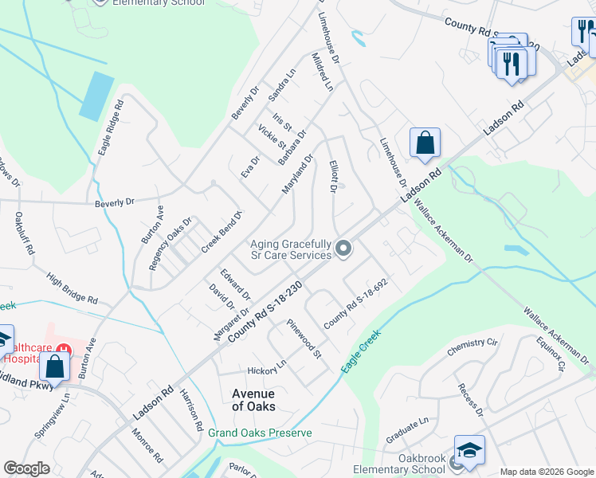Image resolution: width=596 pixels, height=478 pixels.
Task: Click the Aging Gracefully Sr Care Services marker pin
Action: click(x=343, y=249)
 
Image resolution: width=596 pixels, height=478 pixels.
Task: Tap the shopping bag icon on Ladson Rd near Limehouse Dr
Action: click(x=425, y=143)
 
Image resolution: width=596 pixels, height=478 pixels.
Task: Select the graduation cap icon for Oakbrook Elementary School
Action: click(x=469, y=451)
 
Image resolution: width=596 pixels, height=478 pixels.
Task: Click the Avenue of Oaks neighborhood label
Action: click(x=253, y=400)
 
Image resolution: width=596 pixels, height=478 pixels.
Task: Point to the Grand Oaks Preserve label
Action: click(x=260, y=433)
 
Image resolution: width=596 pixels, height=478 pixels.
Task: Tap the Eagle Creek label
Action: click(x=362, y=351)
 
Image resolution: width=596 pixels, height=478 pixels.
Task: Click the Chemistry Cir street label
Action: click(x=472, y=343)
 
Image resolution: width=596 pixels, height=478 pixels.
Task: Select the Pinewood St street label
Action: click(x=305, y=340)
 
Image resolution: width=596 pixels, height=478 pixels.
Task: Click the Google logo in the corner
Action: click(x=26, y=468)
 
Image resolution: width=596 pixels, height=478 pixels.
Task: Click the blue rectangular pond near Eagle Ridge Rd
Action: click(x=96, y=96)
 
